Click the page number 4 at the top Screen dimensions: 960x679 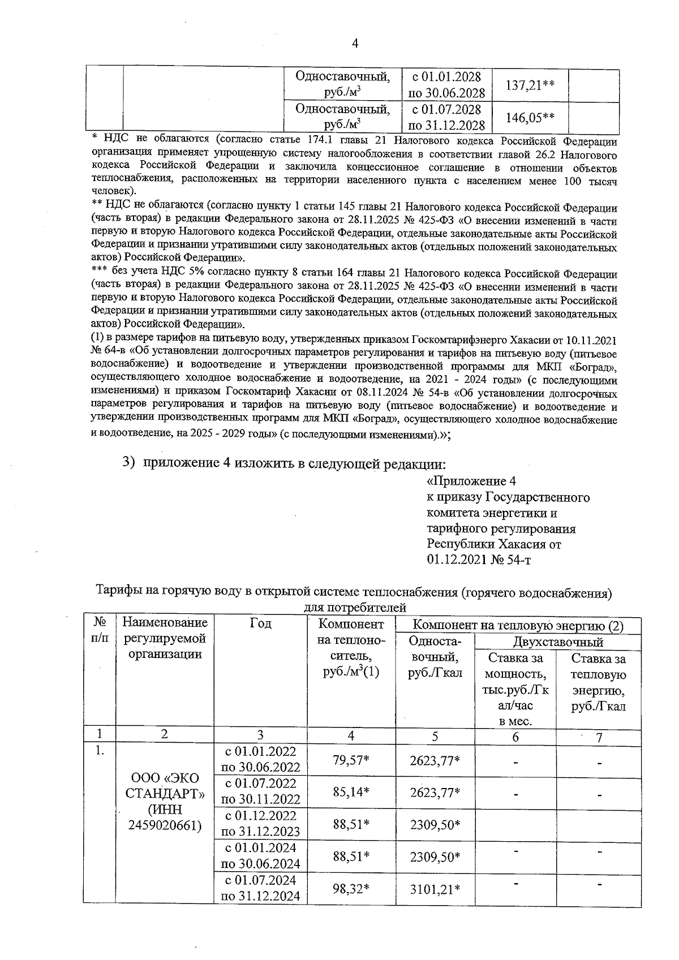click(355, 44)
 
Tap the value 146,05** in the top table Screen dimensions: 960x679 click(530, 117)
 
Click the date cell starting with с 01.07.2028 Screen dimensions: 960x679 click(446, 117)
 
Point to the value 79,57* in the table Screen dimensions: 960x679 click(351, 760)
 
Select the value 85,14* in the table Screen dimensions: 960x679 click(351, 792)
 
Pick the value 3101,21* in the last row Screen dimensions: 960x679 click(435, 889)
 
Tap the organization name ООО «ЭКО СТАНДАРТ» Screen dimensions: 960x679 click(164, 785)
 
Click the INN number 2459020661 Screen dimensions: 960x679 click(164, 825)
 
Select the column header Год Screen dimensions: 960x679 click(260, 623)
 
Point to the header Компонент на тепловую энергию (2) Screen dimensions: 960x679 click(518, 626)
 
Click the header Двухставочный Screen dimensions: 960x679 click(557, 642)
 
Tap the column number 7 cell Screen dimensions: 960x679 click(599, 737)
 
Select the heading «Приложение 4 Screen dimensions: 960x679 click(471, 481)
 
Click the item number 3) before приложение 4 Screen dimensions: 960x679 click(129, 462)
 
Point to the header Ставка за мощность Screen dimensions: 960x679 click(515, 666)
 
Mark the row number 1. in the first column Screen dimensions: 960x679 click(100, 752)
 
